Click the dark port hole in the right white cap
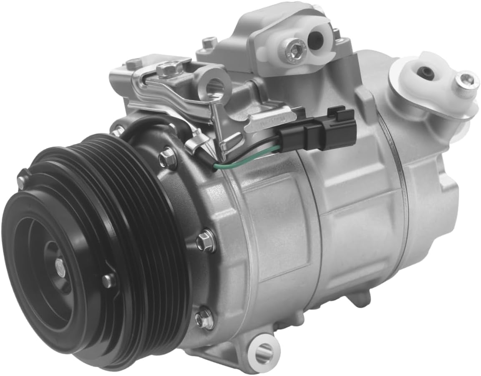(427, 73)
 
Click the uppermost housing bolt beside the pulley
(168, 158)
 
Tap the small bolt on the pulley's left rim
(22, 180)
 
